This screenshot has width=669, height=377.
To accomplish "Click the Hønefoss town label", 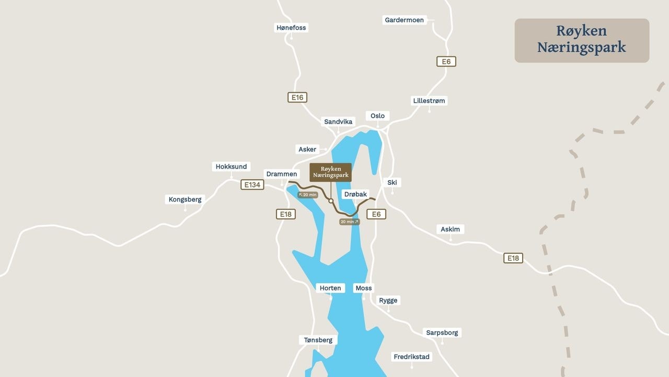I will click(291, 28).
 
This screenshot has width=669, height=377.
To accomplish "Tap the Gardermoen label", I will click(404, 20).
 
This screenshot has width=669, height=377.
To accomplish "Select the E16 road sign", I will click(297, 97).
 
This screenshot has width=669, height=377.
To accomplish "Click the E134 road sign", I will click(252, 185).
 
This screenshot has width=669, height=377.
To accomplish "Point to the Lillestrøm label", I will click(430, 101).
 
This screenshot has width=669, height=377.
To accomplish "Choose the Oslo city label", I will click(377, 116).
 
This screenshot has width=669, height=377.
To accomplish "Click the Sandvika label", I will click(338, 121).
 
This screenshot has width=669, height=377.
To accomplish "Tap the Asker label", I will click(307, 149).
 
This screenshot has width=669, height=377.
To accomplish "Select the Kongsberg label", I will click(185, 199).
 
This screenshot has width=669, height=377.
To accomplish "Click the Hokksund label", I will click(231, 167).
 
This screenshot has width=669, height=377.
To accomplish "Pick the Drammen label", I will click(282, 174).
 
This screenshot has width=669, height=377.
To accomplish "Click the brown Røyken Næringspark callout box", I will click(330, 172).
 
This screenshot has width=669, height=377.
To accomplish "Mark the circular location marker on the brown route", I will click(331, 201).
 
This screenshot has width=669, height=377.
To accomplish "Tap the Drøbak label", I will click(355, 194).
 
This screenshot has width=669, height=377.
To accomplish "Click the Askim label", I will click(450, 229).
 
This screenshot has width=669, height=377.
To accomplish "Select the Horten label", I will click(330, 288).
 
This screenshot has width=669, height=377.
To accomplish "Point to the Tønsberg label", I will click(318, 340).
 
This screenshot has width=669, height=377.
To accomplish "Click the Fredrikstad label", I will click(412, 357).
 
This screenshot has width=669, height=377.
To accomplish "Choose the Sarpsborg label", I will click(442, 332).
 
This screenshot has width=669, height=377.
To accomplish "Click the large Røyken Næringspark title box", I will click(582, 40).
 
